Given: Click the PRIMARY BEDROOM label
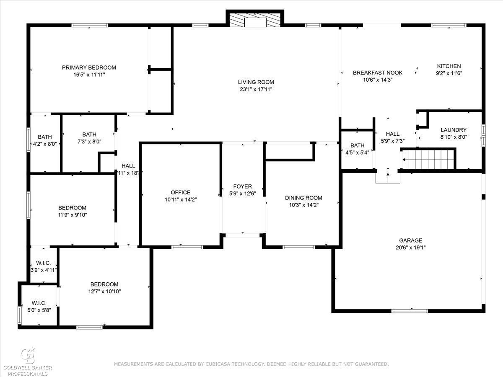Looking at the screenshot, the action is click(x=89, y=67).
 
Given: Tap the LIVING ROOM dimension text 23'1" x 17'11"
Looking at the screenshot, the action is click(x=256, y=89).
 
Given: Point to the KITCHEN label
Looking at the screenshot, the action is click(x=449, y=66).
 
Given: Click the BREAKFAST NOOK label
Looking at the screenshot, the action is click(x=377, y=73).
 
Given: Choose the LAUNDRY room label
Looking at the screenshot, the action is click(x=454, y=130).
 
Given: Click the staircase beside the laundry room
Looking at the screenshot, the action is click(x=428, y=159).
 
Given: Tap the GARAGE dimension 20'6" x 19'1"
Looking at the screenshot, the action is click(x=410, y=248).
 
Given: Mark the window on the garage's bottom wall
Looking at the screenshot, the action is click(x=409, y=311).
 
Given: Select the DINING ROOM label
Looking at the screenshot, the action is click(x=303, y=198).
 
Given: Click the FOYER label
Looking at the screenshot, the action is click(x=242, y=186).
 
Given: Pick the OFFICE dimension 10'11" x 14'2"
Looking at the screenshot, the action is click(x=181, y=200).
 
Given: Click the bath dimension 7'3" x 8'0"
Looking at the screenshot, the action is click(x=89, y=142).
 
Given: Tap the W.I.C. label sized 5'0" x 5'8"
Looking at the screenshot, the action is click(x=39, y=303).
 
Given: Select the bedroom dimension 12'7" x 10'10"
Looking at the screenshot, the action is click(x=104, y=292).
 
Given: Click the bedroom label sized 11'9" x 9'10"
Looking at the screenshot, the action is click(x=72, y=208).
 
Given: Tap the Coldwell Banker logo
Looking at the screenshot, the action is click(x=28, y=362).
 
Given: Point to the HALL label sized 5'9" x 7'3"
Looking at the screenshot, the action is click(x=392, y=134).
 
